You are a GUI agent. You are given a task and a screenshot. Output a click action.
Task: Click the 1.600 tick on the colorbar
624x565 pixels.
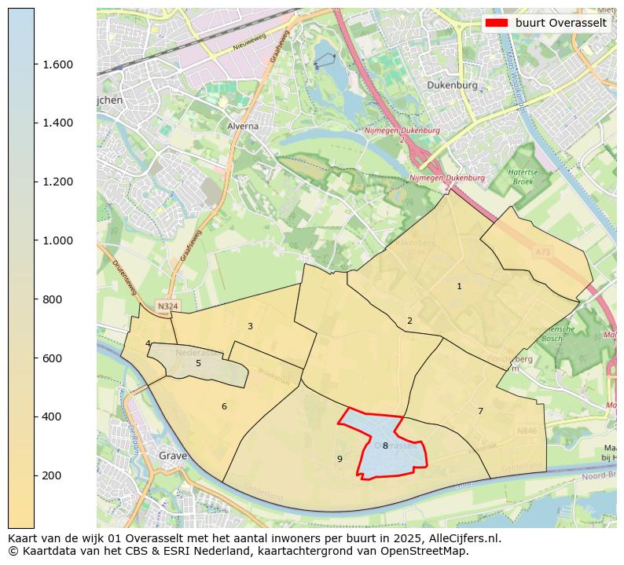58,64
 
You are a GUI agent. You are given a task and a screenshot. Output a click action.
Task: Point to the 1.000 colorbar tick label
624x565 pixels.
58,240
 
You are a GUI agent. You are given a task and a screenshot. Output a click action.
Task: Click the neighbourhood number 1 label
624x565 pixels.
460,287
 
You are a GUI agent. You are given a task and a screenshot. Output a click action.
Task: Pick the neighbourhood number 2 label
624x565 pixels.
409,321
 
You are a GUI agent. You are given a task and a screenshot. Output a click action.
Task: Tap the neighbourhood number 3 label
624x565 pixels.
250,326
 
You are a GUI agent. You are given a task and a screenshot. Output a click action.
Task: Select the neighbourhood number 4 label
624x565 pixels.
148,343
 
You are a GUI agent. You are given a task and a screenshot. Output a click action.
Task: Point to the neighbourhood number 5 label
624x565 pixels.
198,363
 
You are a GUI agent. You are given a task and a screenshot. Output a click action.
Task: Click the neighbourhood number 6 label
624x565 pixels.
224,406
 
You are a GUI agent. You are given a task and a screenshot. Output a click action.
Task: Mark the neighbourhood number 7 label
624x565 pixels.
480,411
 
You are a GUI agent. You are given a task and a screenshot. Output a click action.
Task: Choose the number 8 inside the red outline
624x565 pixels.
385,446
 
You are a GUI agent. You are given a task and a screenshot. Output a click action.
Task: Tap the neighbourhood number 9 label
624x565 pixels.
340,459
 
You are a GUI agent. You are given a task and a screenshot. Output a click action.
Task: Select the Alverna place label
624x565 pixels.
243,126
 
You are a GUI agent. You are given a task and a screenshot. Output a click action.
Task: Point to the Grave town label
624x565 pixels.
173,456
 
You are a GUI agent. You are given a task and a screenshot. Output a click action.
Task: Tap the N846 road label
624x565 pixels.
527,431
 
